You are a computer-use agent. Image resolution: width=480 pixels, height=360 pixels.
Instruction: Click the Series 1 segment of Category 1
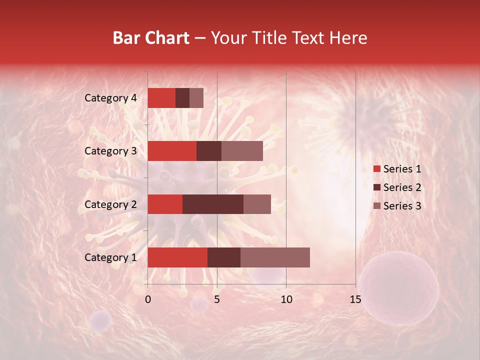tap(177, 257)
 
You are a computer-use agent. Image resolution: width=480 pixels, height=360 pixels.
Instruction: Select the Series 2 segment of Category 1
tap(224, 257)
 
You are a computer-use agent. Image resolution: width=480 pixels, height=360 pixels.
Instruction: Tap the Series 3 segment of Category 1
tap(275, 257)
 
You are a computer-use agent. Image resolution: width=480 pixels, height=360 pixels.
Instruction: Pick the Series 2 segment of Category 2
tap(213, 204)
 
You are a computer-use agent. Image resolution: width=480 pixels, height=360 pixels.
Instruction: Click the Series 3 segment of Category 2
tap(257, 204)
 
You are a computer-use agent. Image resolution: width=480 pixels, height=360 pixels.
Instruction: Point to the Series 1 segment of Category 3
tap(172, 151)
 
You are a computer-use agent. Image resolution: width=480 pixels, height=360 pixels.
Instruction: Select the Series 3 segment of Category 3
tap(242, 151)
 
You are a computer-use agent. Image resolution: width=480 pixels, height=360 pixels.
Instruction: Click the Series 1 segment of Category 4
tap(161, 98)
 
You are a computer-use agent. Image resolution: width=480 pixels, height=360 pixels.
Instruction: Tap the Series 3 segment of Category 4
tap(196, 98)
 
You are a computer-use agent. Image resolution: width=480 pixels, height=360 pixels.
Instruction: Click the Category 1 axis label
tap(110, 257)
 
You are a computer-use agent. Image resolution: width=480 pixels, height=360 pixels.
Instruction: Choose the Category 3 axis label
tap(110, 151)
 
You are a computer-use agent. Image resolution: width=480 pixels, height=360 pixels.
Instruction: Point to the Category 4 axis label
tap(110, 98)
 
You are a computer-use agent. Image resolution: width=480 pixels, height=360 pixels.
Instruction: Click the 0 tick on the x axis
tap(148, 299)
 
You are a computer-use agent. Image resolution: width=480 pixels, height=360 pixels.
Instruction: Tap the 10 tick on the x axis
tap(286, 299)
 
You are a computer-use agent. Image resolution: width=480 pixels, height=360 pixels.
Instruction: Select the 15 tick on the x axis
tap(355, 299)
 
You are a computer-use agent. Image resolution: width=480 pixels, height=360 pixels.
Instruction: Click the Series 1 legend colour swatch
tap(376, 169)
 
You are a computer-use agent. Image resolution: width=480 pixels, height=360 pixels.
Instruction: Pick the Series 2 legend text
tap(402, 187)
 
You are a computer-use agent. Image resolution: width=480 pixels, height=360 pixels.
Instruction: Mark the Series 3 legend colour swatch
tap(376, 206)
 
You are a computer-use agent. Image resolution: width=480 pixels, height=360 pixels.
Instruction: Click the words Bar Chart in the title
tap(151, 37)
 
